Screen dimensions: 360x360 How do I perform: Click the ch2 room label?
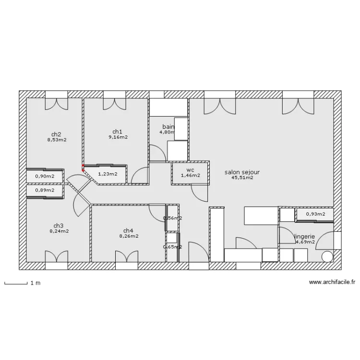point(56,134)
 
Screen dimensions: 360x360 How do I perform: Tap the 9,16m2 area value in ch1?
point(118,137)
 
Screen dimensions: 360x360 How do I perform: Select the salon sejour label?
point(242,172)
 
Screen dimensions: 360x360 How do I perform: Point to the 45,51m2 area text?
point(242,178)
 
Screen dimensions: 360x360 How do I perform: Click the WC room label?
point(190,170)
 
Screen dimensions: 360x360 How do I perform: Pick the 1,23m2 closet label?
point(108,174)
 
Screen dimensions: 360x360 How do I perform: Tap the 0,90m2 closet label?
point(45,176)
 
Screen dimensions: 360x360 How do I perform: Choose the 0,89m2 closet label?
point(45,190)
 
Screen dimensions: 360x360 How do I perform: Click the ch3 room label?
point(59,226)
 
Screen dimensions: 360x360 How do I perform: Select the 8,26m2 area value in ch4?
point(129,236)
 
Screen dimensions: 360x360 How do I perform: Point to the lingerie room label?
point(304,236)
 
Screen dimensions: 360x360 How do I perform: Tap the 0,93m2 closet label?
point(315,214)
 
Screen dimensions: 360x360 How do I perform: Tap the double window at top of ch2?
point(57,103)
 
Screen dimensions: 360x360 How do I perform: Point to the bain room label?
point(168,126)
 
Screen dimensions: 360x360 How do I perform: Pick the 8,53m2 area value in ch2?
point(56,140)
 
